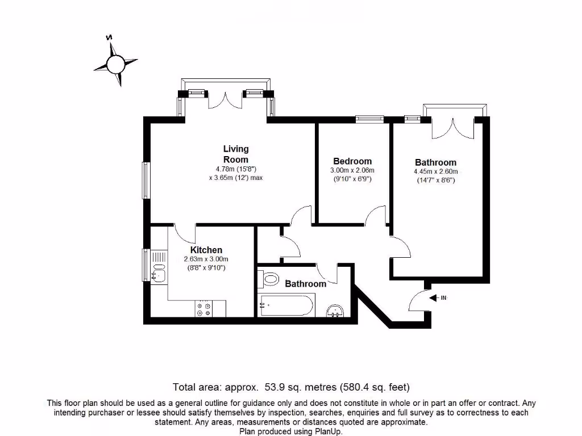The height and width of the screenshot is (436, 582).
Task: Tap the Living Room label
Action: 235,154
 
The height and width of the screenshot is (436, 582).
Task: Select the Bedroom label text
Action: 352,161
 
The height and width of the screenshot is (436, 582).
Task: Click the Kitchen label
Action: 206,250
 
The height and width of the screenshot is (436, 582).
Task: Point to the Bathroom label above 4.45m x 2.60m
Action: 435,162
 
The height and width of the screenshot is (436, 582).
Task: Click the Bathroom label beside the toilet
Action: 306,284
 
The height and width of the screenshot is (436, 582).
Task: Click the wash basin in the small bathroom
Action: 335,311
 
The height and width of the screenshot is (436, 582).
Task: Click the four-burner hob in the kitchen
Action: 203,309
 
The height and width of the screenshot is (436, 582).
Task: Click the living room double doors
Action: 226,100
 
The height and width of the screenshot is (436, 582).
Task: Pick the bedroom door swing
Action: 376,216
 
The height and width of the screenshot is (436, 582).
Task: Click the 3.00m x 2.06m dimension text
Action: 352,170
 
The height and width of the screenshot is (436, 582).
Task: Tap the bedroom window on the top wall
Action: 370,119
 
